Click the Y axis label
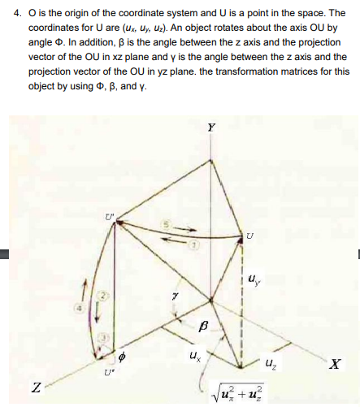(211, 128)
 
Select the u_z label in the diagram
(270, 366)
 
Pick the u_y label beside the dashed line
(258, 282)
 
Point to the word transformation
(238, 71)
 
